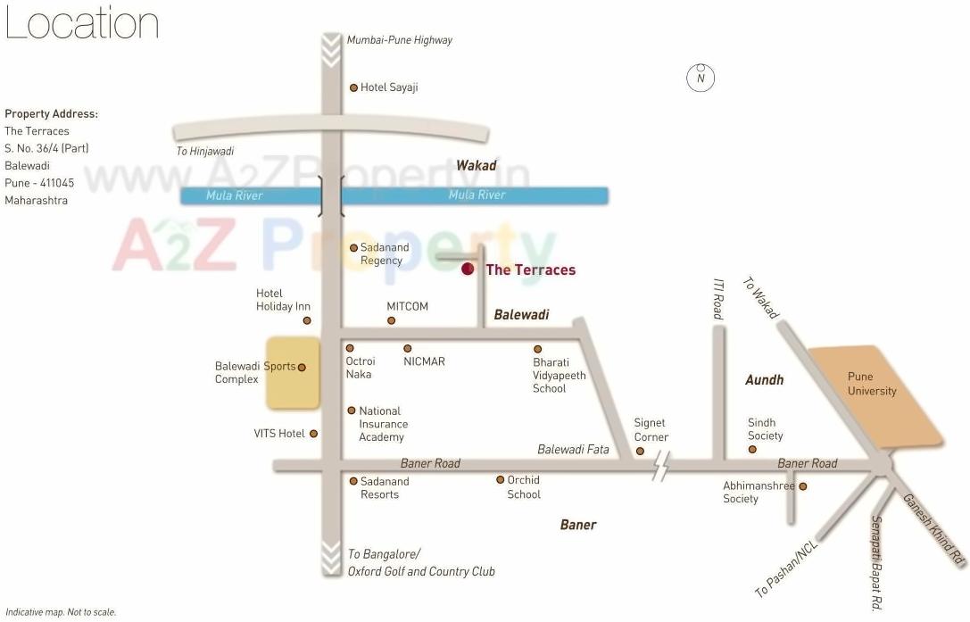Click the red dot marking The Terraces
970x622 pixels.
tap(467, 270)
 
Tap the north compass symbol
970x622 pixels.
tap(701, 78)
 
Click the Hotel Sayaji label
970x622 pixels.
tap(389, 87)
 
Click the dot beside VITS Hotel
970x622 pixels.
tap(313, 434)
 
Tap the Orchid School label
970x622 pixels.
tap(524, 487)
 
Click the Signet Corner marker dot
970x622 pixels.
tap(641, 452)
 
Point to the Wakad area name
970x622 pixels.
tap(476, 165)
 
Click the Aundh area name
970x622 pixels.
tap(764, 380)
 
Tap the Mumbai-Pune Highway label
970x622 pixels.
tap(399, 40)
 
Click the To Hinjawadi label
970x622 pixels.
tap(204, 152)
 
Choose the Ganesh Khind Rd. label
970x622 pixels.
tap(934, 530)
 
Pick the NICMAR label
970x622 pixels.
tap(424, 361)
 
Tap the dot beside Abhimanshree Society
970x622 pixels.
tap(802, 486)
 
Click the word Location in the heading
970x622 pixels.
tap(81, 24)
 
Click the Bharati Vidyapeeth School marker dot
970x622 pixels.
tap(537, 349)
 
